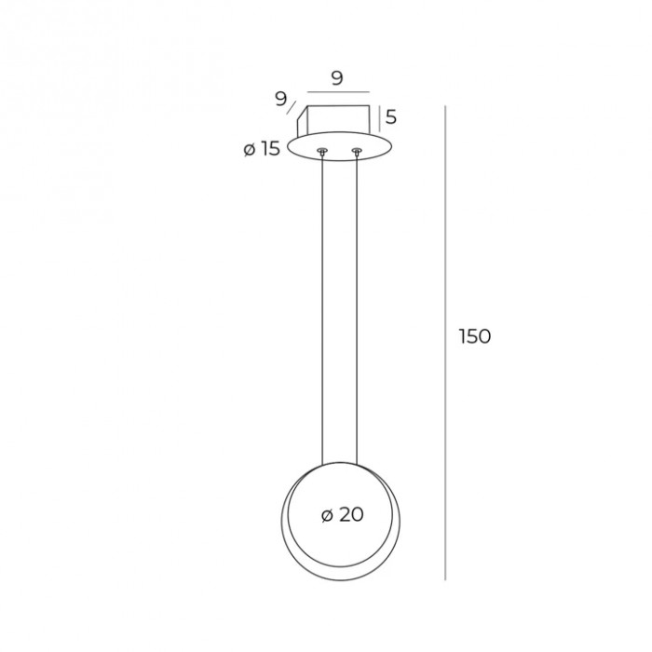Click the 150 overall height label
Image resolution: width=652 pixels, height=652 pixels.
click(475, 336)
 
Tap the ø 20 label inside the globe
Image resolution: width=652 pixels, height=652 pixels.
click(343, 515)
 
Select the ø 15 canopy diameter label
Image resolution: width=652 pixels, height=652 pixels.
click(262, 148)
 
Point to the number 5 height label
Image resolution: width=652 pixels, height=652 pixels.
click(391, 117)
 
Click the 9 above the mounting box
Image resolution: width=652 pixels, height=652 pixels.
click(337, 77)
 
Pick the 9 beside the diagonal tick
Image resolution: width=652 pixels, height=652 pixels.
click(281, 99)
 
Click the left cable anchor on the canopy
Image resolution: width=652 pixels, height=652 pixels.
click(322, 151)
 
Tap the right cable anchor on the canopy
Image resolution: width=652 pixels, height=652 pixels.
click(357, 151)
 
